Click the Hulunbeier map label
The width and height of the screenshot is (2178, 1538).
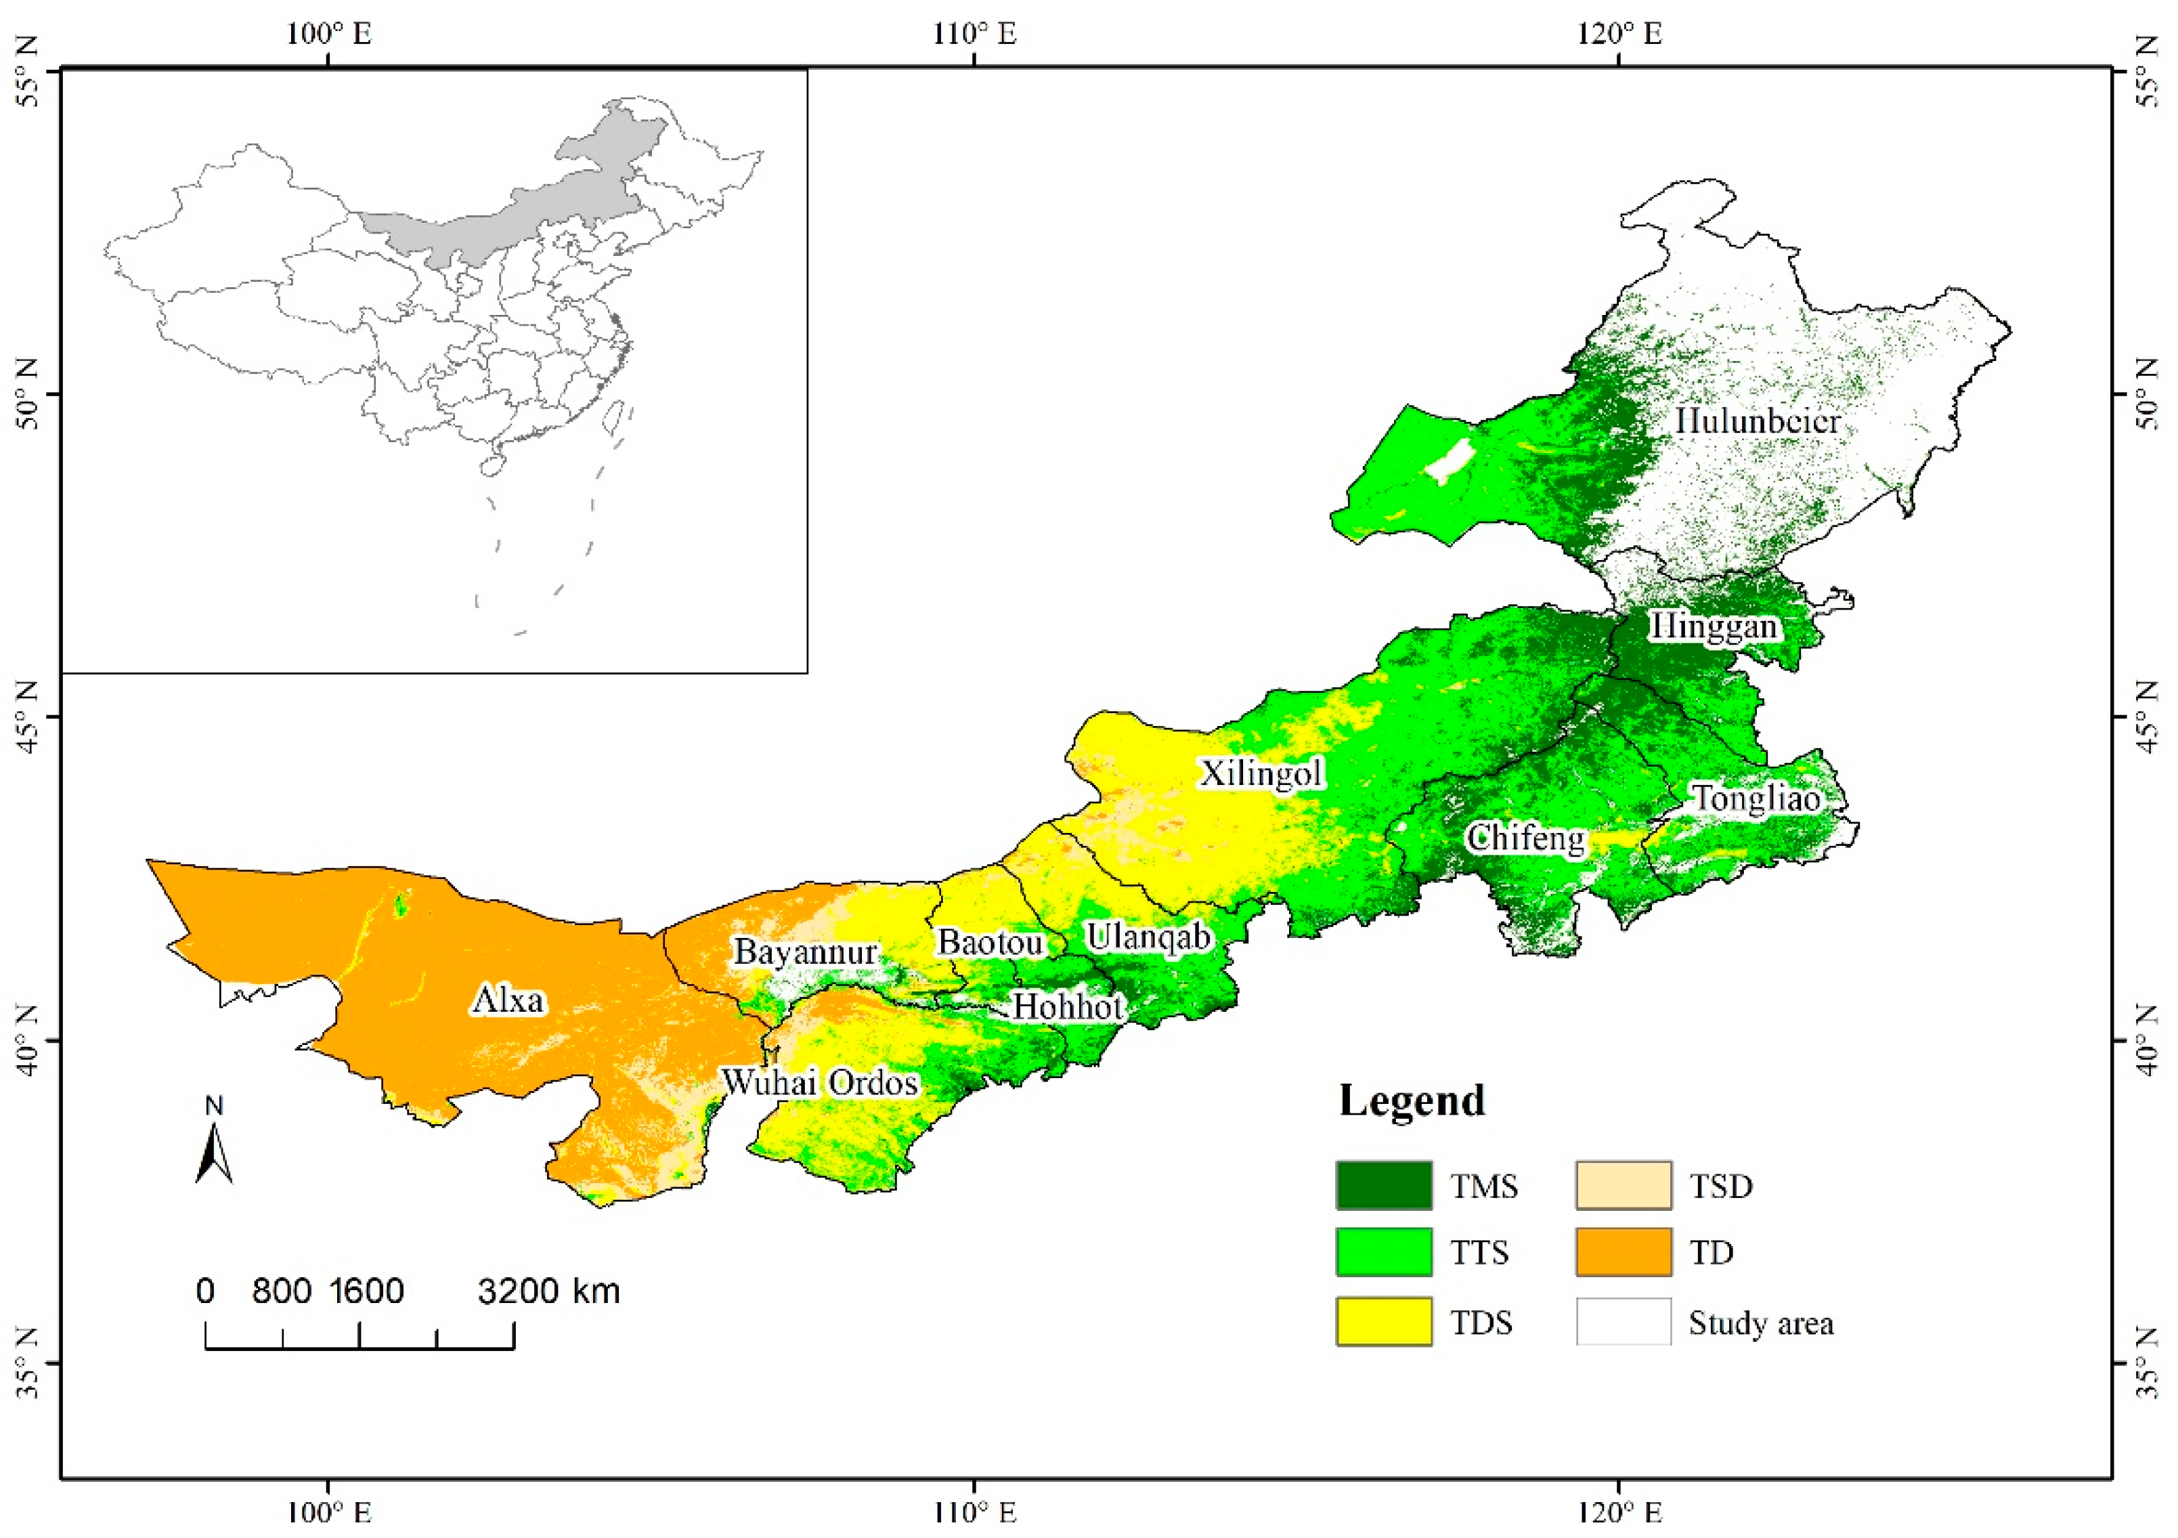1757,421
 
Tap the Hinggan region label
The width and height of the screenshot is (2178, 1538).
1713,626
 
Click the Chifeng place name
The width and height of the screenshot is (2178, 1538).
1525,838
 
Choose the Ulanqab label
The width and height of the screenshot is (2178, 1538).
1149,937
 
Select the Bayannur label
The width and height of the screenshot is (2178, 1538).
806,952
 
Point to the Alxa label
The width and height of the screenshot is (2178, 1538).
508,1000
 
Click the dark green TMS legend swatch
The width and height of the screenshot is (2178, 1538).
1384,1185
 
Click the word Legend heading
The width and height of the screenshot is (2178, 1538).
1412,1101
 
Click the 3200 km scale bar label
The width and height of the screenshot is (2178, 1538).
548,1291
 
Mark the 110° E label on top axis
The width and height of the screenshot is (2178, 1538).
974,34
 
